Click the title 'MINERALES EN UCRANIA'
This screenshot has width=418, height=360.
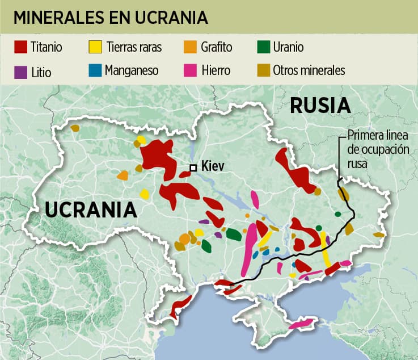point(110,18)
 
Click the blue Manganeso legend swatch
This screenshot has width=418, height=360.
point(96,71)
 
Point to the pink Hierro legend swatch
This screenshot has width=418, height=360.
point(191,71)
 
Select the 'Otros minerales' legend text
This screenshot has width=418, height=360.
point(309,70)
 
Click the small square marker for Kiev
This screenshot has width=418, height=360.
point(193,167)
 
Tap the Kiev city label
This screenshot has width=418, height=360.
point(213,167)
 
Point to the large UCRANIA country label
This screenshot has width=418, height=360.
point(91,210)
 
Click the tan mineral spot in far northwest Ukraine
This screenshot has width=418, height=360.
point(75,128)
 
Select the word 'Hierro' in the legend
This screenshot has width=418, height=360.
point(216,70)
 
